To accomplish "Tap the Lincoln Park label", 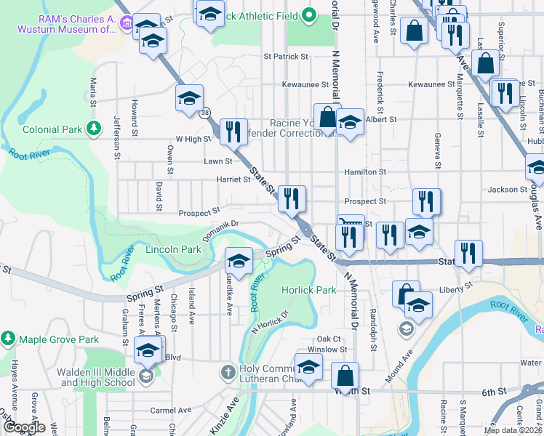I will [x=173, y=249].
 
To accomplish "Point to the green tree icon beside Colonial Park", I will [x=93, y=129].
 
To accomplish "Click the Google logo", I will [x=24, y=428].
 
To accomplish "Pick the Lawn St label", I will [x=217, y=161].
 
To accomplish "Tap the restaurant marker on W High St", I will [x=233, y=131].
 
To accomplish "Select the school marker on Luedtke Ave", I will [x=239, y=260].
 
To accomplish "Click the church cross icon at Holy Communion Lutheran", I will [x=228, y=373].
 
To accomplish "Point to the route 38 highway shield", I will [x=207, y=112].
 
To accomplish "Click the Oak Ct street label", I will [x=329, y=339].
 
